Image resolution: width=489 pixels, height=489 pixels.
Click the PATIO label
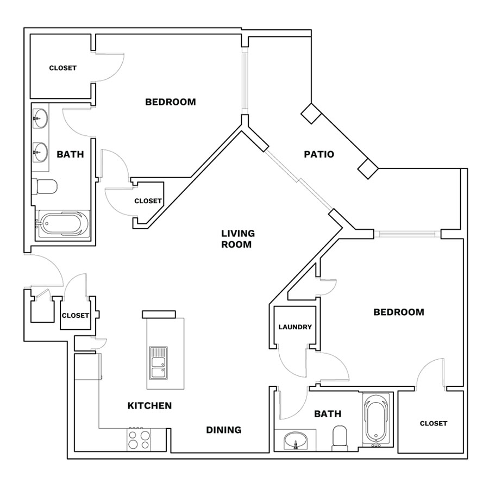319,154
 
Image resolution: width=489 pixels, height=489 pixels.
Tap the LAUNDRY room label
295,327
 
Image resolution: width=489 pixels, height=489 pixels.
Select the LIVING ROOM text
238,239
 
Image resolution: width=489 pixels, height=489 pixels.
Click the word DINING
224,430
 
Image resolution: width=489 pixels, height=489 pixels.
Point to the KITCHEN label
149,405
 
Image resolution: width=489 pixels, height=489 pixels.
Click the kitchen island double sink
158,363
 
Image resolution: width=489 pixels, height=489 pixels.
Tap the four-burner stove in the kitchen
139,439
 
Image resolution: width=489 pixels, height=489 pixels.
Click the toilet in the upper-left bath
45,186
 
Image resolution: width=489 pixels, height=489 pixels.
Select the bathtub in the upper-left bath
63,224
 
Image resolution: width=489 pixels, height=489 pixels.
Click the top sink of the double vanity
41,118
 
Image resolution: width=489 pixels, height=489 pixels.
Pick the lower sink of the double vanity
41,153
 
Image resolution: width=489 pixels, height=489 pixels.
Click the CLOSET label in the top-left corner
62,68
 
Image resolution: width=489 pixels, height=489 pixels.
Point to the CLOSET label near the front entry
76,316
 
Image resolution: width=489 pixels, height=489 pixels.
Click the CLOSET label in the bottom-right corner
434,423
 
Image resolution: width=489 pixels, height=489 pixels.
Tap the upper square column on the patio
311,114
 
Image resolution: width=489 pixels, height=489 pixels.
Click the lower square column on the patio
368,168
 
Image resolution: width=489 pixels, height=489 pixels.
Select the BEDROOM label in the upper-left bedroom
171,102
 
